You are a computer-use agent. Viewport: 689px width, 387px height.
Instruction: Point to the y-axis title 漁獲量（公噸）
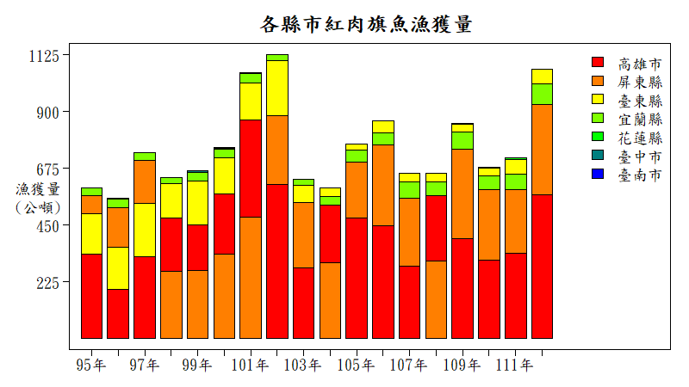point(38,198)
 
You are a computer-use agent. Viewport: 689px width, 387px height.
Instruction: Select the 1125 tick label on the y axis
point(43,56)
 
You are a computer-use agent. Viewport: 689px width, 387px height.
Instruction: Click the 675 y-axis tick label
point(48,169)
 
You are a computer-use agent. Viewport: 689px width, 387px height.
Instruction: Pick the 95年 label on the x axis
point(91,365)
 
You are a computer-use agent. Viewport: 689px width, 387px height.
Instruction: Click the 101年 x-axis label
point(251,365)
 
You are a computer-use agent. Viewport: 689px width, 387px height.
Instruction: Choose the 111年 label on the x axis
point(516,365)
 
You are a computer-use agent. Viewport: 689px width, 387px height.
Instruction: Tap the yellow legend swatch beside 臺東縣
point(598,100)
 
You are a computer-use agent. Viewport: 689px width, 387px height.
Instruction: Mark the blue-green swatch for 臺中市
point(598,156)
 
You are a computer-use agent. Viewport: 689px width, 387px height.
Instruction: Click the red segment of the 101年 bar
point(251,168)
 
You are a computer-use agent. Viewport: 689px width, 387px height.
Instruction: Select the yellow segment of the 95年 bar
point(91,233)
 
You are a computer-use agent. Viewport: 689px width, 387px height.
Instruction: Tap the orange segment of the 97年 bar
point(145,181)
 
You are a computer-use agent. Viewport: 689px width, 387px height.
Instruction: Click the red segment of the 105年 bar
point(357,278)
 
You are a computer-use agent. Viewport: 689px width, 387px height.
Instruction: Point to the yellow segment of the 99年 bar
point(197,202)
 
